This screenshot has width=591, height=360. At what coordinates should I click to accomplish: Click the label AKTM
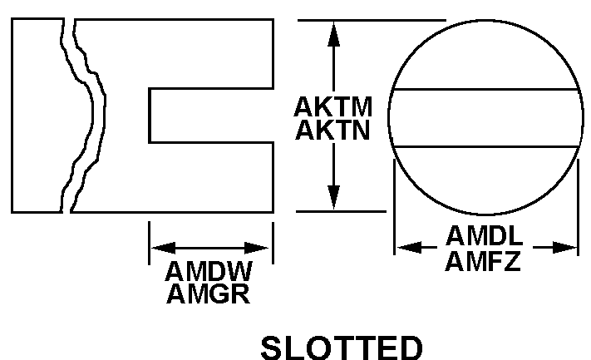[332, 108]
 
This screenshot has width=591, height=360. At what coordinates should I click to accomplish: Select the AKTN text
[332, 131]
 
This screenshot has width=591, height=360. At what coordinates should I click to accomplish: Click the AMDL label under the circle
[485, 237]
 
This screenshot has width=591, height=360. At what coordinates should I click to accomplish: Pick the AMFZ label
[484, 261]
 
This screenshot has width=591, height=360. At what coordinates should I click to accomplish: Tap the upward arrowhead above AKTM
[332, 33]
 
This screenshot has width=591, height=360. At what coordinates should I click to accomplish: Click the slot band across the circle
[485, 118]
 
